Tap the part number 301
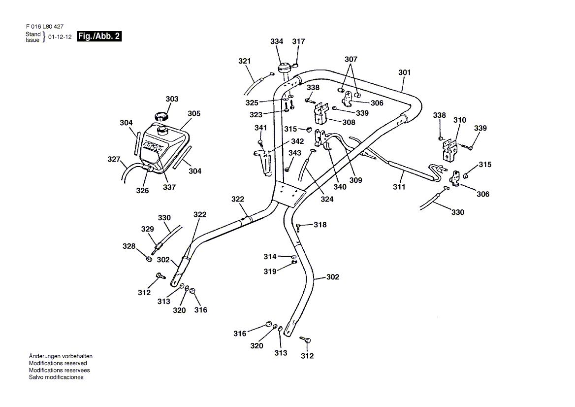pyautogui.click(x=404, y=72)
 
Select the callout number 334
pyautogui.click(x=277, y=42)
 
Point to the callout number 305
pyautogui.click(x=194, y=113)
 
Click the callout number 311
pyautogui.click(x=399, y=187)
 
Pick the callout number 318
pyautogui.click(x=320, y=225)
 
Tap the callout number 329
pyautogui.click(x=148, y=229)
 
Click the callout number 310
pyautogui.click(x=460, y=120)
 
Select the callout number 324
pyautogui.click(x=327, y=200)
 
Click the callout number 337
pyautogui.click(x=170, y=187)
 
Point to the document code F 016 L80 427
pyautogui.click(x=44, y=27)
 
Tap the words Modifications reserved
pyautogui.click(x=58, y=363)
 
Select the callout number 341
pyautogui.click(x=260, y=128)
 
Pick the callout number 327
pyautogui.click(x=114, y=159)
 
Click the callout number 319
pyautogui.click(x=270, y=271)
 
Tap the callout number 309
pyautogui.click(x=355, y=180)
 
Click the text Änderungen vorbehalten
pyautogui.click(x=61, y=356)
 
